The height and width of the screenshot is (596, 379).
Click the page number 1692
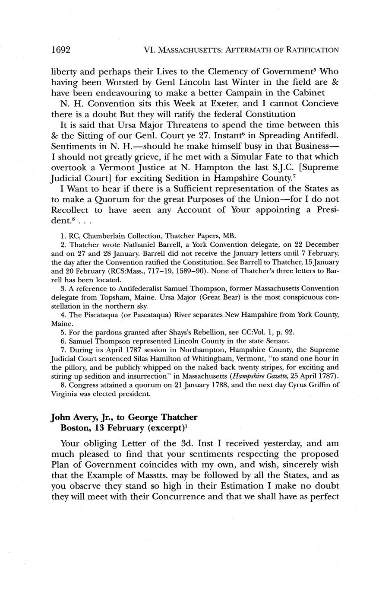click(x=61, y=50)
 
